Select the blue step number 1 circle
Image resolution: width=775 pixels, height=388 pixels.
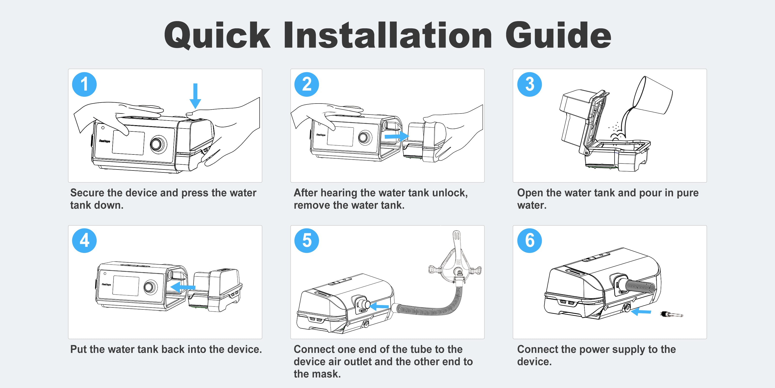(x=84, y=84)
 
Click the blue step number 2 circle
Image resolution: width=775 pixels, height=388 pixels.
(x=307, y=84)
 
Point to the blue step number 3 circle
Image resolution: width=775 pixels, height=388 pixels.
(x=529, y=84)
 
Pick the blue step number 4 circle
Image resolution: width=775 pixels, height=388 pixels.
(x=84, y=241)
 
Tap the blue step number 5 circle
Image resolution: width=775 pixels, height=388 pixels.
(x=307, y=241)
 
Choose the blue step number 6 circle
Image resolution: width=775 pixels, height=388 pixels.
(x=529, y=241)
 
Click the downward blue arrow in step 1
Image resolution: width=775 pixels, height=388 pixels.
(x=195, y=96)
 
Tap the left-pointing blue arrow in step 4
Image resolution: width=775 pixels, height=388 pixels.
(x=183, y=287)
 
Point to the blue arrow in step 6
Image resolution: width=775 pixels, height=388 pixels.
(x=641, y=311)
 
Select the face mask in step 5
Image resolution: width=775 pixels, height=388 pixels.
(x=455, y=262)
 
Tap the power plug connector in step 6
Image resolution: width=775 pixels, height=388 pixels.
(x=672, y=314)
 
